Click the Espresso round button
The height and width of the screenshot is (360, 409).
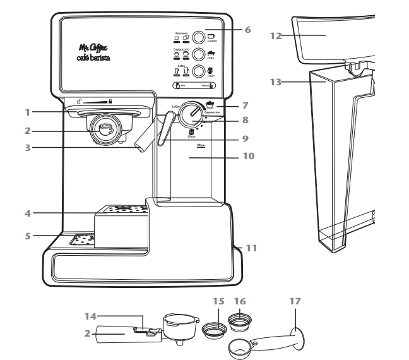(x=198, y=37)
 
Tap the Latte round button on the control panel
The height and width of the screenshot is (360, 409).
(x=198, y=71)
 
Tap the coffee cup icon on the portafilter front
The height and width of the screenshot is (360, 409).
(x=105, y=127)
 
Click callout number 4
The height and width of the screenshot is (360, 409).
(x=27, y=213)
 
